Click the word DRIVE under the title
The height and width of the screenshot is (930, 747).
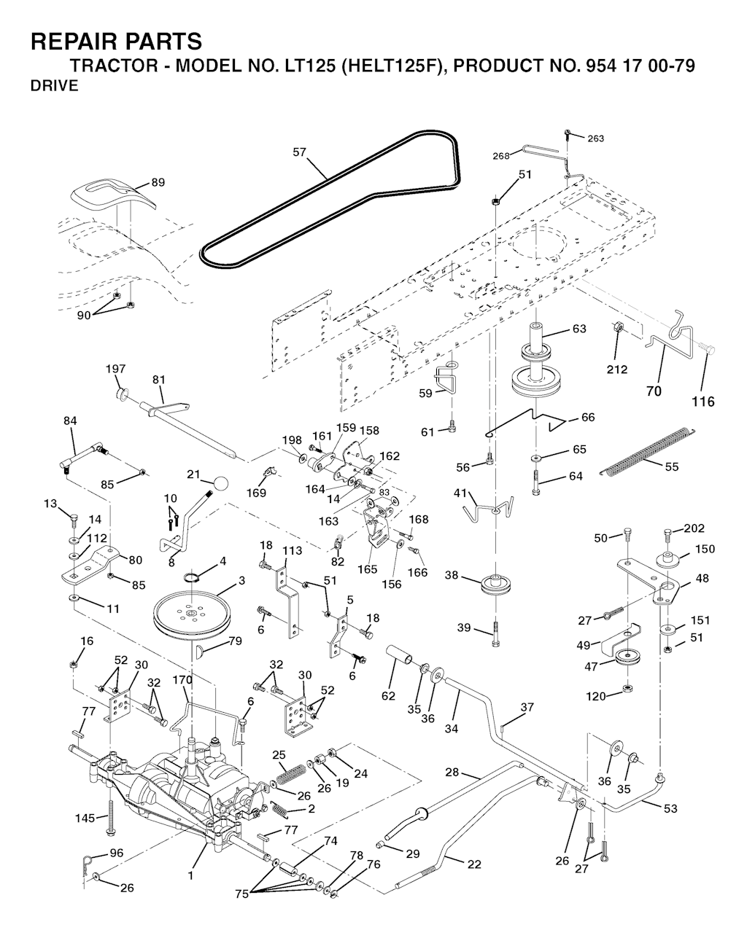[54, 87]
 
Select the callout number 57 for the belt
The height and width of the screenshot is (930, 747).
[299, 152]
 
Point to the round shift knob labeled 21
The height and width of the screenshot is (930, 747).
[221, 482]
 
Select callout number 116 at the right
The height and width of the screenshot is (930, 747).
[703, 401]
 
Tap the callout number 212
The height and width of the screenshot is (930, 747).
[617, 370]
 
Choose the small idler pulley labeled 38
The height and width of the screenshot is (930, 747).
[495, 585]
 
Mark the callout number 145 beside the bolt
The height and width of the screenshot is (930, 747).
[85, 818]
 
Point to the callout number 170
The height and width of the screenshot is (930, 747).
[182, 680]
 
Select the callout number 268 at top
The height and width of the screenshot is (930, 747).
[501, 155]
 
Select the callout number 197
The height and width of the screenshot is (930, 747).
[115, 370]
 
